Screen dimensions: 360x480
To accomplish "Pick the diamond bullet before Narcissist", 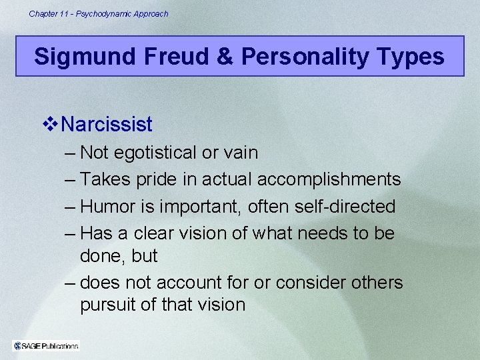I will (x=51, y=124).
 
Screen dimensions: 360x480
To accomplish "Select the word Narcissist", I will (x=107, y=124).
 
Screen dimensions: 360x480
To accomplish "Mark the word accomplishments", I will (x=329, y=179).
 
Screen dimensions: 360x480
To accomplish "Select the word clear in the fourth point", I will (x=156, y=234).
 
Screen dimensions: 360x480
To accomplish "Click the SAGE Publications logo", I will (x=46, y=345).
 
